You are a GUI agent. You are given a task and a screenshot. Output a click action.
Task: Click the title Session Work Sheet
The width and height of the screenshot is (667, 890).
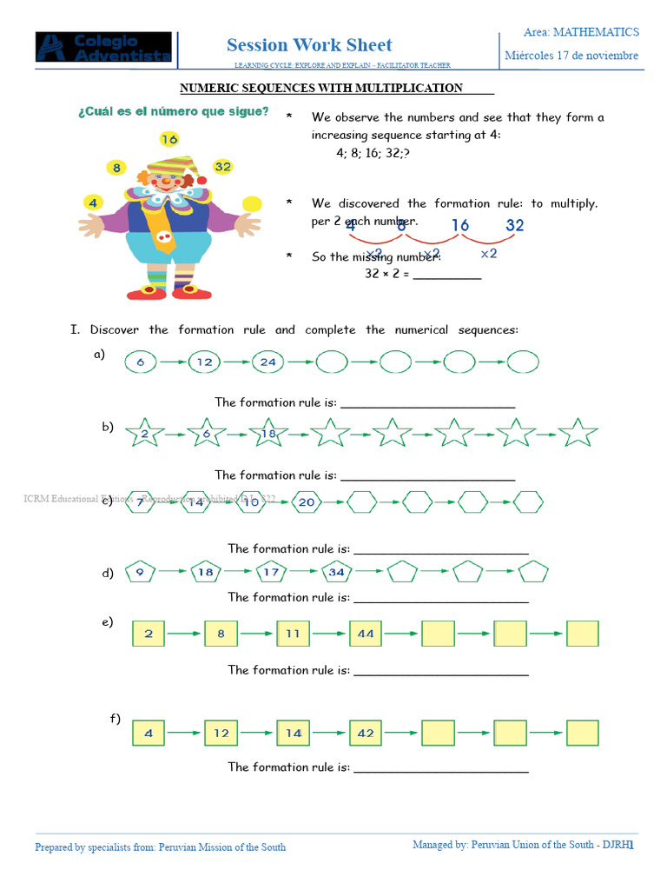[x=309, y=45]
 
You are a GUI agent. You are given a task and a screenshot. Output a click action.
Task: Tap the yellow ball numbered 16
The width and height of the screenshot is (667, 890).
[x=168, y=139]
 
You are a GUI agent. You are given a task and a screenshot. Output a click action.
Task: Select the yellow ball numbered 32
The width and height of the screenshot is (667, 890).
[x=222, y=166]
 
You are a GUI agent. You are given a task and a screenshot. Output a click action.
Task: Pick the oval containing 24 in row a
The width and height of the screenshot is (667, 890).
[x=267, y=362]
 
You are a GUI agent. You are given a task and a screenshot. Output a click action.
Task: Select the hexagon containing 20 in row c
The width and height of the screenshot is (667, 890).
[x=306, y=502]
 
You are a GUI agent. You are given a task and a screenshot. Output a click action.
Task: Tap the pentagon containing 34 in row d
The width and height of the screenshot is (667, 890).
[x=337, y=572]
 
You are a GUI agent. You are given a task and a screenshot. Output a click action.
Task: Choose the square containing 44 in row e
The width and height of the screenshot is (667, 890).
[x=366, y=634]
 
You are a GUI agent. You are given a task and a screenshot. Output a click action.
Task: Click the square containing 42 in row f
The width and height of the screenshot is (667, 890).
[x=366, y=733]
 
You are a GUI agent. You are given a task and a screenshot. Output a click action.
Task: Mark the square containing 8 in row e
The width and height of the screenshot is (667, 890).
[x=221, y=634]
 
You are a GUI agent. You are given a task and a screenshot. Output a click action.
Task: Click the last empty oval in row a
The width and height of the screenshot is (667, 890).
[x=523, y=362]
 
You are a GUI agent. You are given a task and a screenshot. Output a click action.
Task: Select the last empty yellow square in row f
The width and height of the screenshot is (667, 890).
[x=583, y=733]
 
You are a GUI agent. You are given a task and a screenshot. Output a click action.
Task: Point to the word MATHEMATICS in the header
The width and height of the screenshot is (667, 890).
[x=596, y=32]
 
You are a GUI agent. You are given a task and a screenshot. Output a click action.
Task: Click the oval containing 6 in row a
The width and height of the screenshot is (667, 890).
[x=141, y=362]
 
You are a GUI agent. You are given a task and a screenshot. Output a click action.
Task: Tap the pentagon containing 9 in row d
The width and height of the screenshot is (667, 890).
[x=140, y=572]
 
